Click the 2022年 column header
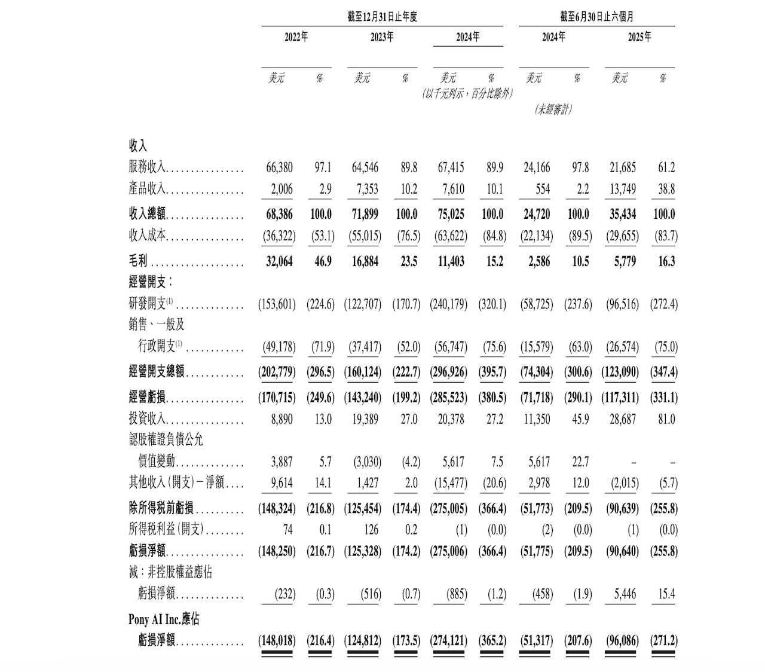(x=296, y=37)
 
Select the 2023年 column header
(x=382, y=37)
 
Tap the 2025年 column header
(x=639, y=37)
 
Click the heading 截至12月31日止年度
(x=382, y=17)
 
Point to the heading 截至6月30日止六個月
(x=596, y=17)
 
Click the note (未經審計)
(x=553, y=109)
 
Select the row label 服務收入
(x=147, y=168)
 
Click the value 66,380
(x=279, y=168)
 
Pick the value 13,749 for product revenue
(x=623, y=190)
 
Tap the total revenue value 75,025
(x=451, y=214)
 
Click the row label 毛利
(x=138, y=261)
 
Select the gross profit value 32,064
(x=279, y=261)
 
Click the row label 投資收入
(x=147, y=419)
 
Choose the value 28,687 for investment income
(x=623, y=419)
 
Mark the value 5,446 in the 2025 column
(x=625, y=594)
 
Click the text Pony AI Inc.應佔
(x=164, y=619)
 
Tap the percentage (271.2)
(x=663, y=641)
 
